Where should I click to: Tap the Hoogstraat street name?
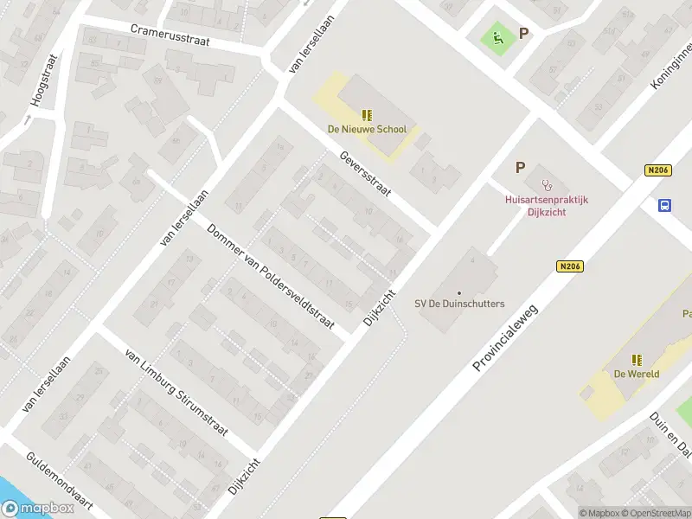(43, 80)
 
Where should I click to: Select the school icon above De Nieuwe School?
(367, 115)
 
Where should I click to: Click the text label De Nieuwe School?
(367, 130)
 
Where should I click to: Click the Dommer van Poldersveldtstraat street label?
(271, 276)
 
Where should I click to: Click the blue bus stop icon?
(665, 206)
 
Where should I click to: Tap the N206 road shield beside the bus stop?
(658, 171)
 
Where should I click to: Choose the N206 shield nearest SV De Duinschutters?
(570, 266)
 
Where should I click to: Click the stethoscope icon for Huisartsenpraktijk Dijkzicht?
(546, 184)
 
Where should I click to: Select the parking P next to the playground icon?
(522, 34)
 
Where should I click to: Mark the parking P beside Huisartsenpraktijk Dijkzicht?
(520, 168)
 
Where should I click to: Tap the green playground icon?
(497, 37)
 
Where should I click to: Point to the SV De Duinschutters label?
(459, 304)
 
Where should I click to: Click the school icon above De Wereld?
(637, 360)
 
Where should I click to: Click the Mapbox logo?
(36, 509)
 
